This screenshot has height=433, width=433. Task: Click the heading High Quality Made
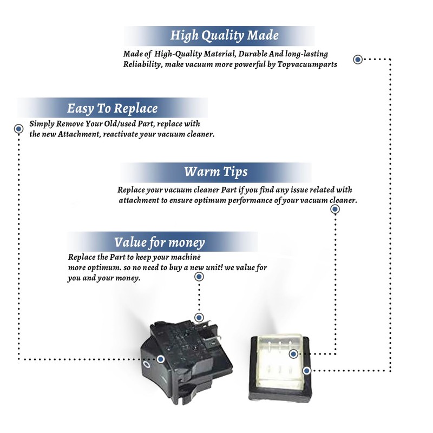225,36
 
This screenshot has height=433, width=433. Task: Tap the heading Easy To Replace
113,108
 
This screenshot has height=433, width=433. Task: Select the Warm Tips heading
216,172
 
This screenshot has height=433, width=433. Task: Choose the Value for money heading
160,241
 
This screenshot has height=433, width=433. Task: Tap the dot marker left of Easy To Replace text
18,129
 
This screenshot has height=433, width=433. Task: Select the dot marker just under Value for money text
199,277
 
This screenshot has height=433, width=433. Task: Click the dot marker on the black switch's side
161,359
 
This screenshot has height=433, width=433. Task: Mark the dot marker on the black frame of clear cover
307,371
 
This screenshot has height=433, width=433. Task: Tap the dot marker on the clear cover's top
293,355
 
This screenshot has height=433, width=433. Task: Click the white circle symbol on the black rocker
147,366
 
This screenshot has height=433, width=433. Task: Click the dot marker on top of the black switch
199,318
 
